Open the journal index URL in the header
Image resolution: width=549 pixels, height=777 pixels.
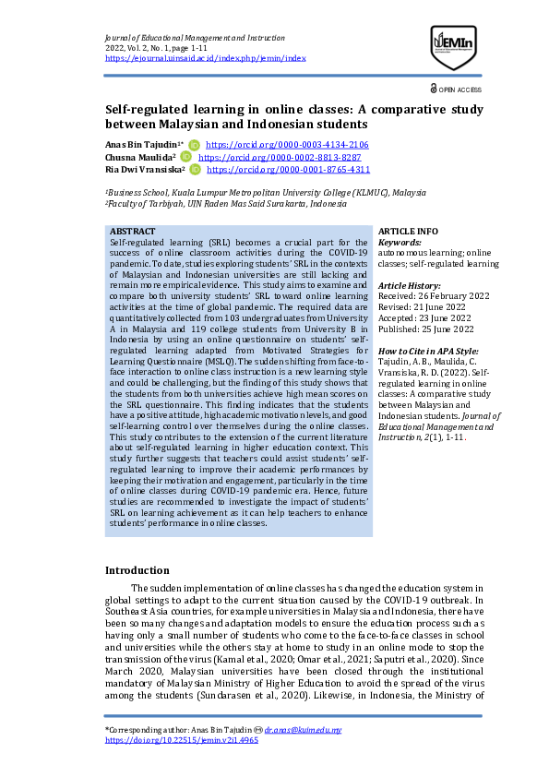[x=206, y=58]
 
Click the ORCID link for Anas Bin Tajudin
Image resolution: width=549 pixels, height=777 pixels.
[x=287, y=145]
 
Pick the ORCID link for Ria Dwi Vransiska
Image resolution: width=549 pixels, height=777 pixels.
[x=288, y=170]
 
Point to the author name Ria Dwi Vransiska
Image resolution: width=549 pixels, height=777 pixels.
[x=144, y=170]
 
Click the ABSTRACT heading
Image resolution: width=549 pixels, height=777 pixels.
[x=132, y=230]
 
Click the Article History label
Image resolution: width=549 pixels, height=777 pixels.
[x=410, y=286]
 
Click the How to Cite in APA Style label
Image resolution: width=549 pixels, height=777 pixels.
[x=429, y=352]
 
